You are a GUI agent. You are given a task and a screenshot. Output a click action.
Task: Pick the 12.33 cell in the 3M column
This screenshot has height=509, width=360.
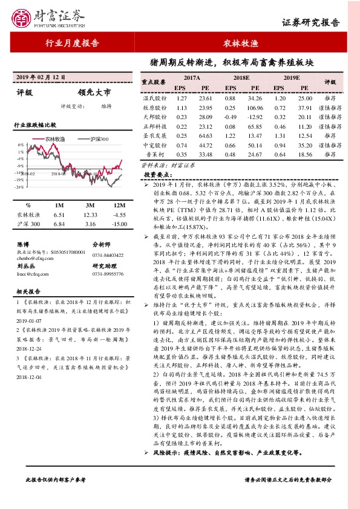pos(90,215)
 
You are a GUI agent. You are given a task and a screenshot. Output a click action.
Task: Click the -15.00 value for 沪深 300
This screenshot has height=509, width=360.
pos(119,224)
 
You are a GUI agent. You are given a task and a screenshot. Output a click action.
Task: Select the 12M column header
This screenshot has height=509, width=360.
pos(119,205)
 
